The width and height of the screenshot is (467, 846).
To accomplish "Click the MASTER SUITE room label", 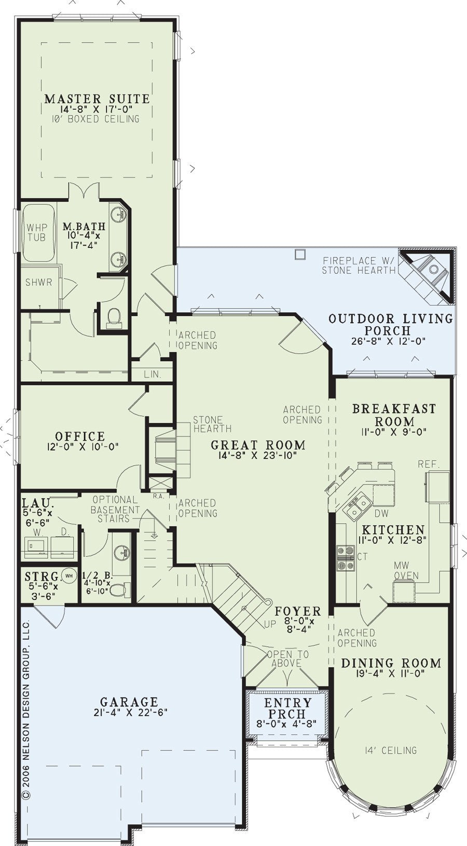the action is [x=97, y=99].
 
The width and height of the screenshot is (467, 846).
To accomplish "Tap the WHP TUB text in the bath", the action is [x=37, y=232].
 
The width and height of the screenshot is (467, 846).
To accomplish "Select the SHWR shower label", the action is [x=38, y=282].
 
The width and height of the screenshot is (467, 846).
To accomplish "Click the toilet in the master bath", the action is [x=113, y=316].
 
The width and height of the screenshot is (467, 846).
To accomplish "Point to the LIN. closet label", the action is [x=152, y=375].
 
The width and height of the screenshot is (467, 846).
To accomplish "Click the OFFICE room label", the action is [x=80, y=436].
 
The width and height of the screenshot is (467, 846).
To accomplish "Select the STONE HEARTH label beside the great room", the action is [x=212, y=424].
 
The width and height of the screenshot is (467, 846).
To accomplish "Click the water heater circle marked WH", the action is [x=69, y=576].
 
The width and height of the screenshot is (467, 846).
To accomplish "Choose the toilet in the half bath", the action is [x=121, y=588].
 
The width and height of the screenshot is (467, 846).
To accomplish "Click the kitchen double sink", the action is [x=356, y=506].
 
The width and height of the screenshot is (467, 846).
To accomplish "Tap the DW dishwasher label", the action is [x=381, y=514].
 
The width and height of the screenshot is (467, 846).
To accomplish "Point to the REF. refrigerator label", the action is [x=429, y=464].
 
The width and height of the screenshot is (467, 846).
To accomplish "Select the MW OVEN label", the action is [x=406, y=571].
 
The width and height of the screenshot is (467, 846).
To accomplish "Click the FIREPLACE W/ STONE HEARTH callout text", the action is [x=359, y=265].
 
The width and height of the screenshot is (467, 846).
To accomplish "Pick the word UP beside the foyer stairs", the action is [x=270, y=625].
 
